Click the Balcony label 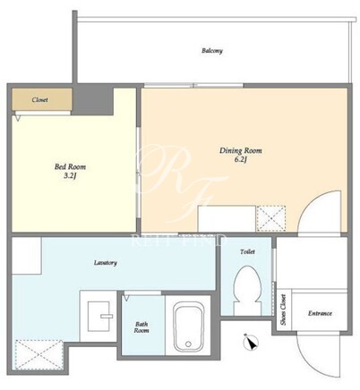click(x=212, y=51)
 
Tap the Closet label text click(x=39, y=99)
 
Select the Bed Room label click(x=70, y=166)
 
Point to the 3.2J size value click(x=70, y=176)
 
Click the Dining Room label click(x=241, y=150)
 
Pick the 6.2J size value click(x=241, y=159)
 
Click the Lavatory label click(x=106, y=263)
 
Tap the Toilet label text click(x=247, y=251)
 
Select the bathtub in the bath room click(x=189, y=326)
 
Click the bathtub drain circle click(x=188, y=343)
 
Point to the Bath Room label click(x=141, y=327)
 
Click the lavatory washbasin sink click(x=99, y=316)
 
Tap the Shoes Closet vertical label click(x=283, y=309)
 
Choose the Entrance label click(x=320, y=313)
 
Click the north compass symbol click(x=252, y=343)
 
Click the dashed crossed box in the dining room click(x=271, y=218)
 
